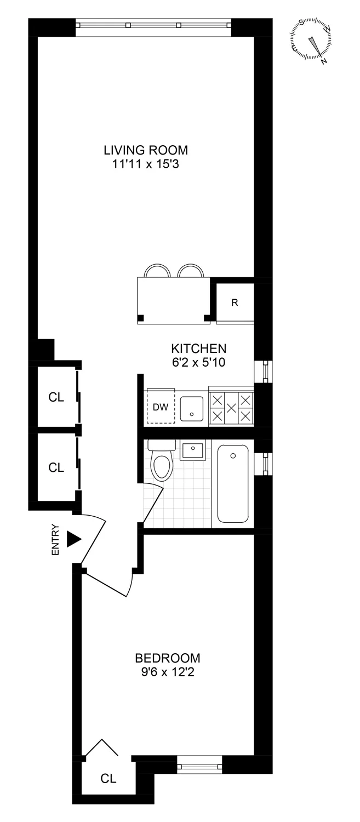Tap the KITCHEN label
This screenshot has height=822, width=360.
(x=198, y=349)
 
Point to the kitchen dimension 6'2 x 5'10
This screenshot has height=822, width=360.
(x=198, y=362)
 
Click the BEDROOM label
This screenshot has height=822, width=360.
(x=168, y=658)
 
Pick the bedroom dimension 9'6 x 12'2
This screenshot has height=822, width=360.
(x=168, y=671)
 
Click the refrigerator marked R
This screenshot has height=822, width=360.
(x=235, y=302)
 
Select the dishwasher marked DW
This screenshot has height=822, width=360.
(x=160, y=407)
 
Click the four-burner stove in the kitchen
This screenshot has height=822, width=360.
(x=231, y=408)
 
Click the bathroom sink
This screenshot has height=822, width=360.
(x=192, y=450)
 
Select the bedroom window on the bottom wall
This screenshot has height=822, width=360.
(x=199, y=763)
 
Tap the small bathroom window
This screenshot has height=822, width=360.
(x=264, y=464)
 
